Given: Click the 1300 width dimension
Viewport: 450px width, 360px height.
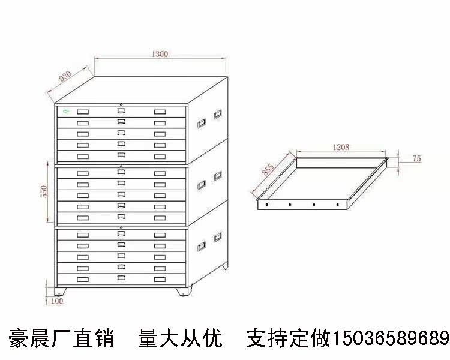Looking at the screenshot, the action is pyautogui.click(x=160, y=54).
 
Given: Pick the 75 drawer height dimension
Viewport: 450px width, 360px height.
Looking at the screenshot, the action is pyautogui.click(x=417, y=158).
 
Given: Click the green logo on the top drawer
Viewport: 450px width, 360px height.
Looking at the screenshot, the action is pyautogui.click(x=65, y=110).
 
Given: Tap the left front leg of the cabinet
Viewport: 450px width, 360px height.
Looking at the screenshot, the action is pyautogui.click(x=59, y=291).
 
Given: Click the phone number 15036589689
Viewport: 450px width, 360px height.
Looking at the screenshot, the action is pyautogui.click(x=391, y=338).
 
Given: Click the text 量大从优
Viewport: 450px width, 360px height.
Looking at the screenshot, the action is pyautogui.click(x=180, y=338).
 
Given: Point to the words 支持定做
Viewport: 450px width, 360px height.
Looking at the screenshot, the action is pyautogui.click(x=288, y=338).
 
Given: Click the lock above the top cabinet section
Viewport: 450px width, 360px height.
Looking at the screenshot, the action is pyautogui.click(x=122, y=104).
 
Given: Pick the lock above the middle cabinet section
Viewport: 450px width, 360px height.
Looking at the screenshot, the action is pyautogui.click(x=122, y=166).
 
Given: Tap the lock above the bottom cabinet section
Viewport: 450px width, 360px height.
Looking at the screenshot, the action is pyautogui.click(x=122, y=228).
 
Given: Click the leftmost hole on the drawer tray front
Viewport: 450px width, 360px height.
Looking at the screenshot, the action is pyautogui.click(x=266, y=205).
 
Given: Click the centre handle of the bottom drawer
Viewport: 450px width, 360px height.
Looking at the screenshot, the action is pyautogui.click(x=122, y=279).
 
